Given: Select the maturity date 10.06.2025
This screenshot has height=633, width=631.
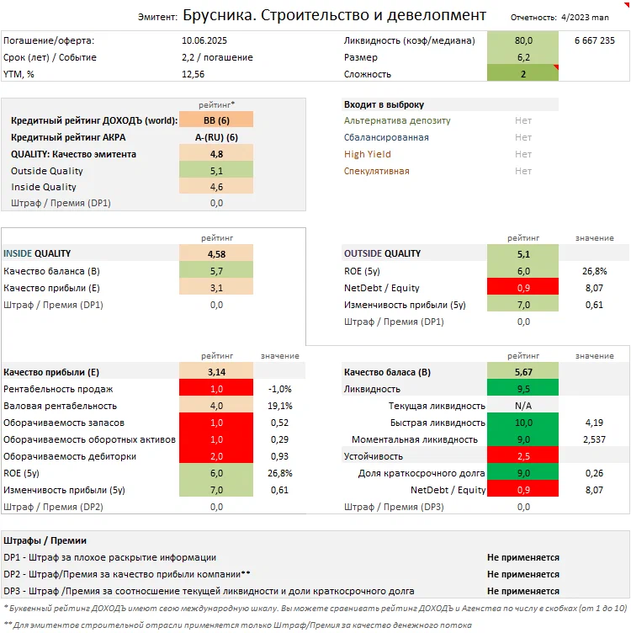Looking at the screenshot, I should [x=205, y=40].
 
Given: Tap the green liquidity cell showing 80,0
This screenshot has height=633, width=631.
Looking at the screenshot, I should [x=523, y=40].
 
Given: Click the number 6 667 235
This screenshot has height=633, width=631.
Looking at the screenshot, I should [x=596, y=40].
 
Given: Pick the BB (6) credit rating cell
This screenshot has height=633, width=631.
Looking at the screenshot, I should [x=215, y=120].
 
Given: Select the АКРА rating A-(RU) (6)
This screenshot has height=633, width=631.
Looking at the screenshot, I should [x=215, y=137].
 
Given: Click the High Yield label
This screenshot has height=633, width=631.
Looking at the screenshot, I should [x=368, y=154].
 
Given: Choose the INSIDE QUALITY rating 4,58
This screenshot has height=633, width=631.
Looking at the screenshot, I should [x=215, y=253].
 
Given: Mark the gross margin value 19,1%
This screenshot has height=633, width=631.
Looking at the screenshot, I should [x=278, y=406].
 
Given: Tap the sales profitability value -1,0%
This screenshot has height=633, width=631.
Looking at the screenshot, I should [x=278, y=389].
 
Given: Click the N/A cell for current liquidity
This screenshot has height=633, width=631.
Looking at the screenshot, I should [x=523, y=406].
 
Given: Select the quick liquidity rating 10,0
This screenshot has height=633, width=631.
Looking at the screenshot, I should [x=523, y=423].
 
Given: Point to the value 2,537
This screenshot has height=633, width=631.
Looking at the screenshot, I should [x=595, y=439].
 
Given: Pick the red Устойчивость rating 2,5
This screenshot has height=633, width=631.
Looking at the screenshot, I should [x=523, y=456].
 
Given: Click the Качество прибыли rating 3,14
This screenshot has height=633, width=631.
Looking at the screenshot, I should [x=215, y=372].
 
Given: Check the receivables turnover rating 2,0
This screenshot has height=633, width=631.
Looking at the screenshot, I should [x=215, y=456].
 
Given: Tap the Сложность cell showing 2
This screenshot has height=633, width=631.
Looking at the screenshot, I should [x=523, y=74].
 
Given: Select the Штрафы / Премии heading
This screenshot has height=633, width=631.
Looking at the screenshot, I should [x=45, y=540].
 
